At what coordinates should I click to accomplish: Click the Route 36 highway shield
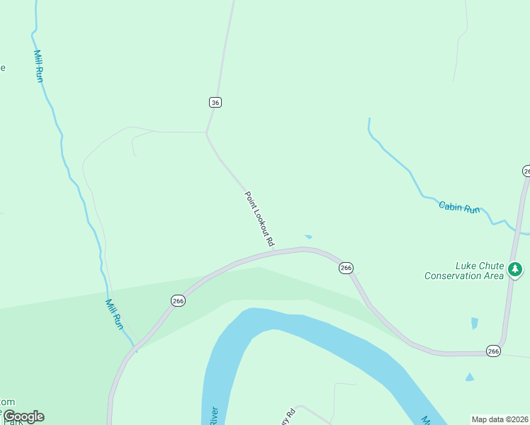coord(215,102)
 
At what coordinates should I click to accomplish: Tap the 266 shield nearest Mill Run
coord(178,301)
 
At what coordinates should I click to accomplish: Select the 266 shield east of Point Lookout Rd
coord(346,268)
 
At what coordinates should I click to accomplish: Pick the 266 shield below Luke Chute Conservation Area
coord(493,351)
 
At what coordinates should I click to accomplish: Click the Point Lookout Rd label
coord(259,219)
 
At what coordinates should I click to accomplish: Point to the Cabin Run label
coord(459,208)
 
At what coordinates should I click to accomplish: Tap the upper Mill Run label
coord(38,66)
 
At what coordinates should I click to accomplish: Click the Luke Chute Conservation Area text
coord(463,271)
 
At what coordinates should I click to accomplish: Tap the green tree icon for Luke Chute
coord(515,269)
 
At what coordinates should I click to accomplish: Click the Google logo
coord(23,416)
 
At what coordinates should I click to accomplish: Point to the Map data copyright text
coord(499,419)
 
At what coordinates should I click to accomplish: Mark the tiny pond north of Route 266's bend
coord(308,237)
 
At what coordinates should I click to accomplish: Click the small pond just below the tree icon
coord(474,323)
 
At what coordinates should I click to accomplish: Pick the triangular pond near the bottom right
coord(469,378)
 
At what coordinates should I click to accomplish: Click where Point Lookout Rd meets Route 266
coord(274,250)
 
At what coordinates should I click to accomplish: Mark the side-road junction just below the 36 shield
coord(206,132)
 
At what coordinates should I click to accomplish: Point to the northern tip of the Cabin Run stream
coord(369,119)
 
